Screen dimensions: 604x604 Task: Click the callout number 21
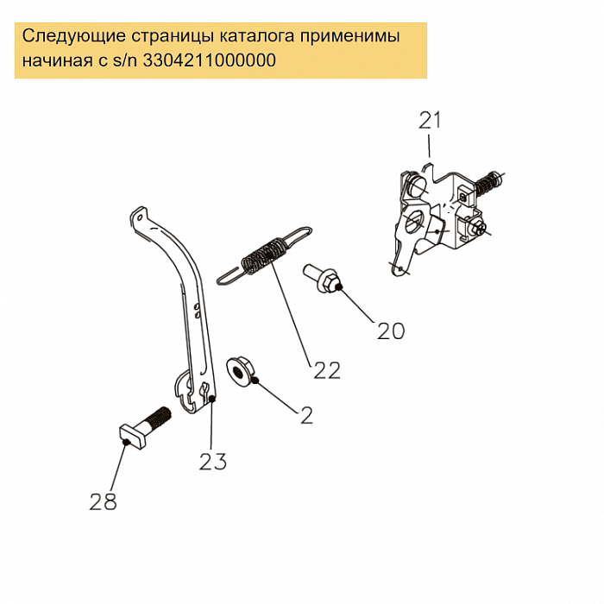430,120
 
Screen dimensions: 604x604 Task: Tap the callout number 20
391,330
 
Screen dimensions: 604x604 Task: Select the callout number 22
326,370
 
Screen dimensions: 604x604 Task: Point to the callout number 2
306,415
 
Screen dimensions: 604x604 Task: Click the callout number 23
213,462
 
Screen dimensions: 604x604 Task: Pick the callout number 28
104,501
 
